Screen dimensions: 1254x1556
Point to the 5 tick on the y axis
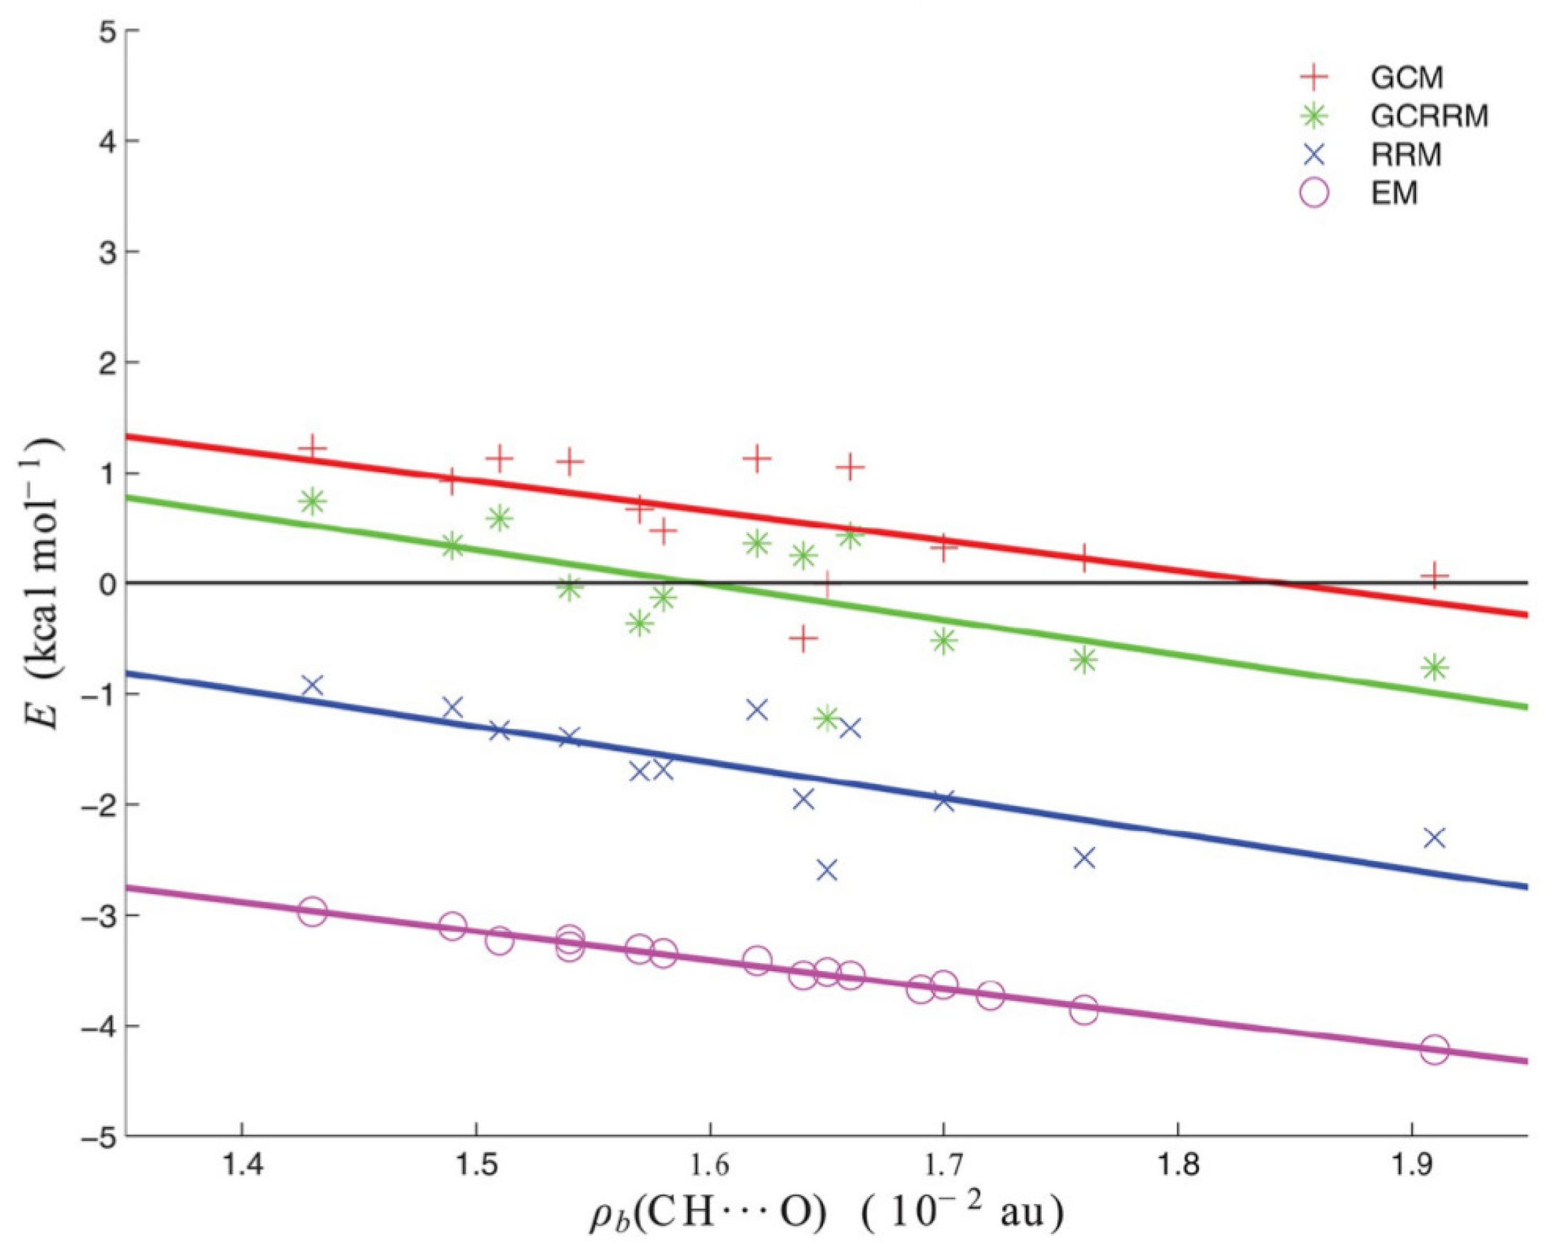click(x=109, y=30)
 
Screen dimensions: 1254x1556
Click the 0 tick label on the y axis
click(x=109, y=584)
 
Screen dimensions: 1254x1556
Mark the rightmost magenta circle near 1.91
click(x=1435, y=1050)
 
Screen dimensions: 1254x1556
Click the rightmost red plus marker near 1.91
click(x=1435, y=576)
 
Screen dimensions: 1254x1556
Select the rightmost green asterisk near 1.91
click(x=1435, y=667)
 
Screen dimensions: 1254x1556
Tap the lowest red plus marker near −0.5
click(x=803, y=638)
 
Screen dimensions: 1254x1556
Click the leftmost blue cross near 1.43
click(x=312, y=685)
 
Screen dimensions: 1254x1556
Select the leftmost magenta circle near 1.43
click(x=312, y=912)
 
